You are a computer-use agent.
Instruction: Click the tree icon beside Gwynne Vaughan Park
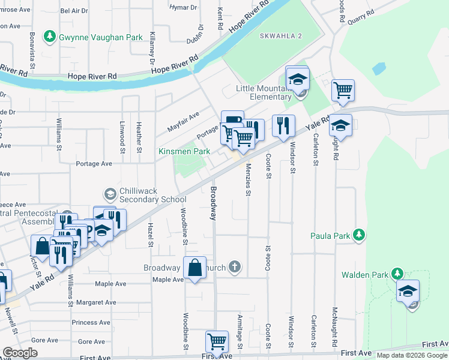click(x=50, y=37)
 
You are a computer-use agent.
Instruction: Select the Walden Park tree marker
click(x=396, y=274)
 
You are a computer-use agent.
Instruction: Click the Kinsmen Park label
click(x=184, y=152)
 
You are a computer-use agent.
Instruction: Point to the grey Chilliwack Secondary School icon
click(x=110, y=194)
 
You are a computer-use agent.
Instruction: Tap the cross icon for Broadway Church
click(x=234, y=267)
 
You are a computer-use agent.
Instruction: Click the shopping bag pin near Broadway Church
click(x=195, y=269)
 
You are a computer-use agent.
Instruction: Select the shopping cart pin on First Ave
click(x=217, y=341)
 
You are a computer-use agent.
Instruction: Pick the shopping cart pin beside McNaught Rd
click(x=343, y=90)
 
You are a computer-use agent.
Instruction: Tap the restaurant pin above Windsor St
click(x=283, y=125)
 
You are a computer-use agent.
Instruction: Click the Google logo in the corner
click(x=20, y=353)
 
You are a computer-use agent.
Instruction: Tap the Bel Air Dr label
click(x=74, y=11)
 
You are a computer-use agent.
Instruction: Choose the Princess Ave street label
click(x=91, y=322)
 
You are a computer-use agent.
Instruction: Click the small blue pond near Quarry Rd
click(x=379, y=68)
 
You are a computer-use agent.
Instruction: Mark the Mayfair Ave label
click(x=183, y=122)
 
